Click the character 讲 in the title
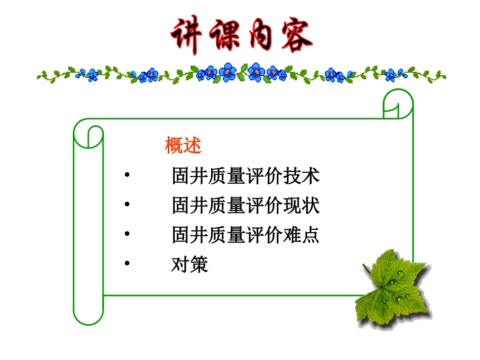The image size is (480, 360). (x=186, y=36)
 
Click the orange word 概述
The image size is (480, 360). (x=183, y=146)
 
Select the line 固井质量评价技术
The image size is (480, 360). (x=246, y=177)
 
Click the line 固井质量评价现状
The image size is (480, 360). (x=246, y=206)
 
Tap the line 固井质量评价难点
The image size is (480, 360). (x=246, y=235)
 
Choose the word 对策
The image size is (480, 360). (x=189, y=265)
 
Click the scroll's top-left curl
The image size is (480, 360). (x=88, y=133)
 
